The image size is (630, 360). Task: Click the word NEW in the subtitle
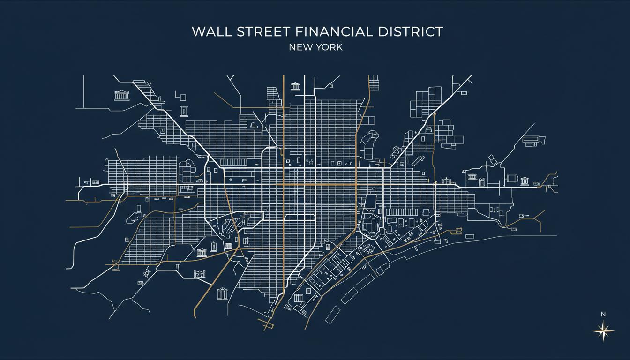(x=300, y=47)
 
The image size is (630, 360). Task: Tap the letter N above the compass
(x=603, y=314)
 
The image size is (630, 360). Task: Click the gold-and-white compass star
(x=603, y=331)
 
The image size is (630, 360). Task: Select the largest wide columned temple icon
(x=121, y=96)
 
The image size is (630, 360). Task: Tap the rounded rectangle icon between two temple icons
(x=512, y=179)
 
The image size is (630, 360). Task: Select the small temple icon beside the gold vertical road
(x=295, y=86)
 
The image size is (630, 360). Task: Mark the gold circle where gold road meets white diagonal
(x=435, y=113)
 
